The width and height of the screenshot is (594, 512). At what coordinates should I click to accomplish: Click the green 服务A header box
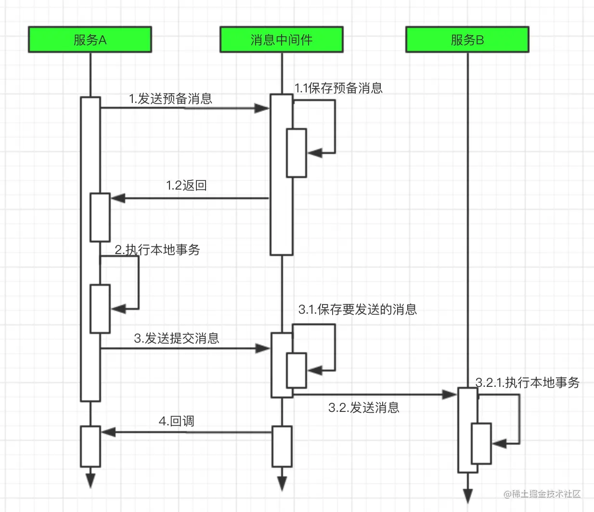(90, 39)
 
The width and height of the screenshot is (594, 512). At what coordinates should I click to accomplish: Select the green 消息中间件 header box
(281, 39)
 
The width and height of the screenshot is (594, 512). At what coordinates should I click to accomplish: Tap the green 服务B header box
(467, 39)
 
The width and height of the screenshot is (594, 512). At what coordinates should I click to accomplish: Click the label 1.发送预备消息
(170, 99)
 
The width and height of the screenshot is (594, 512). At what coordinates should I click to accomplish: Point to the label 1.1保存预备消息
(338, 88)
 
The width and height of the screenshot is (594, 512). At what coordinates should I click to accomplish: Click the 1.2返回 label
(186, 185)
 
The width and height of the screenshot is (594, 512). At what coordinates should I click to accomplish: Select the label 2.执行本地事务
(157, 250)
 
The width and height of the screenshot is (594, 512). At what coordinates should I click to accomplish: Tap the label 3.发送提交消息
(177, 338)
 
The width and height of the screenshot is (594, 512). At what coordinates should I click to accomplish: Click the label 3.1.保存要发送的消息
(357, 309)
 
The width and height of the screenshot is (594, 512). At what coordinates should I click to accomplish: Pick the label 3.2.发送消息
(363, 408)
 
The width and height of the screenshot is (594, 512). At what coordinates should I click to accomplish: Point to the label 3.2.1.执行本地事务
(527, 383)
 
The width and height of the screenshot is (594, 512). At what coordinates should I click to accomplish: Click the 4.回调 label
(176, 421)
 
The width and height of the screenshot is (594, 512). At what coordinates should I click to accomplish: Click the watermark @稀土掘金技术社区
(542, 494)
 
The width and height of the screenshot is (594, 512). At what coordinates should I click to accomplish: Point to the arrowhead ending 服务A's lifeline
(90, 480)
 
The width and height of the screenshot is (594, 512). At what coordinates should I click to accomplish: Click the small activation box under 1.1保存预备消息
(297, 153)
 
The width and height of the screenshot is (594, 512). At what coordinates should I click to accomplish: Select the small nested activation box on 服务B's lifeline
(481, 443)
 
